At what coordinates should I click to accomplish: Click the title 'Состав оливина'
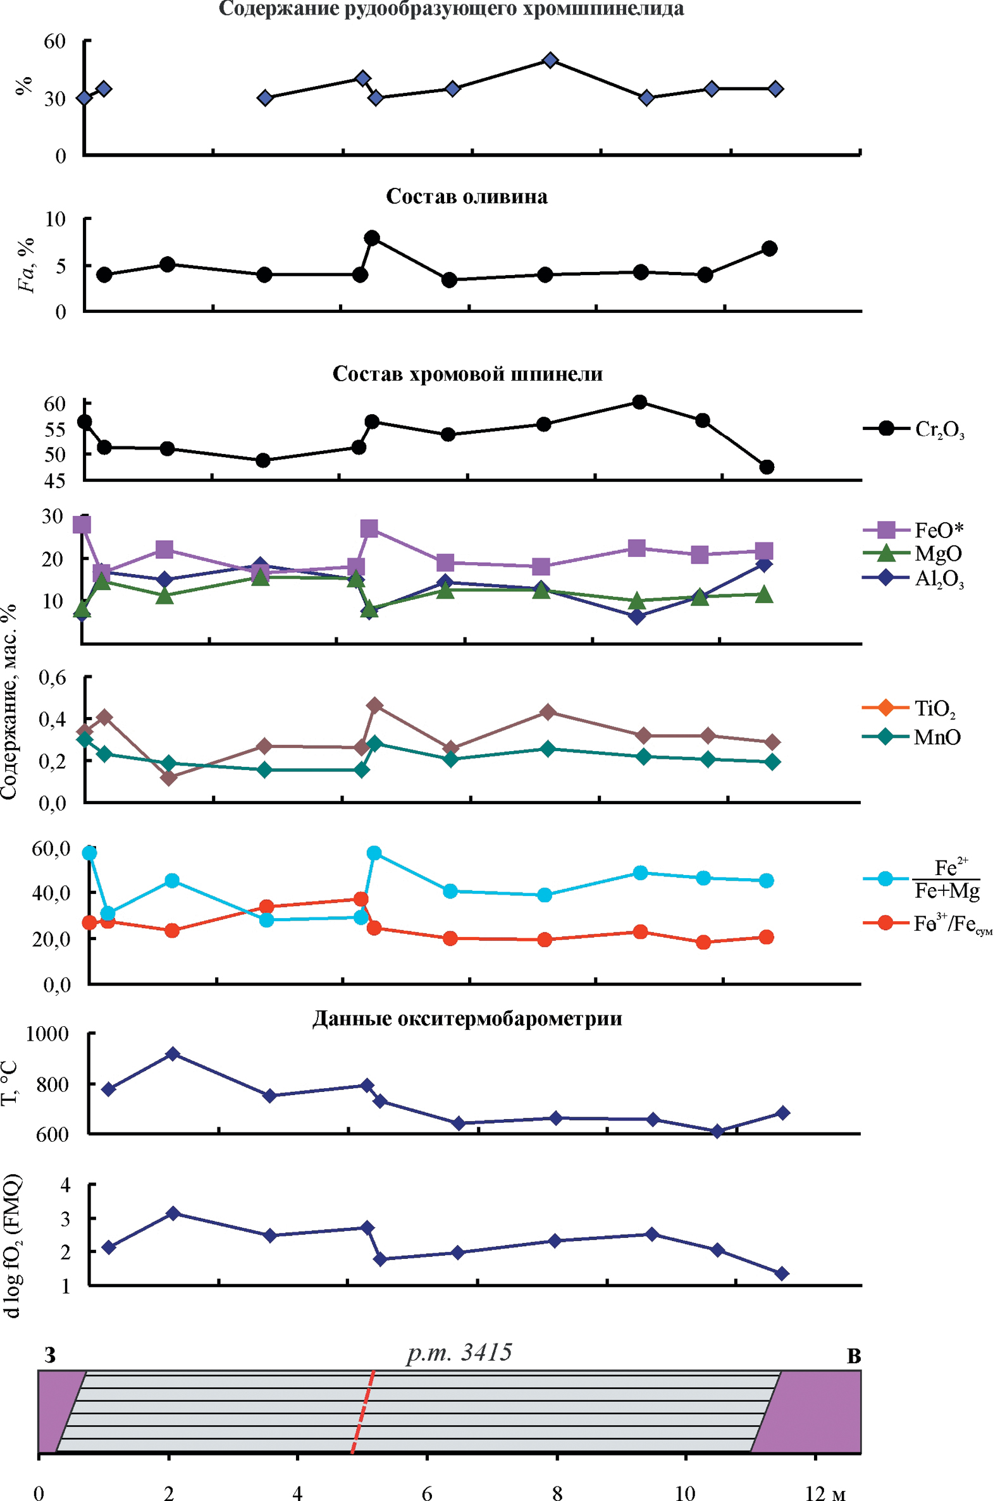pos(467,196)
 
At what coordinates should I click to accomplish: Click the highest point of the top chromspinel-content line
pos(550,60)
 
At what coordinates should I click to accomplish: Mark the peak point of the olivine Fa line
pos(372,238)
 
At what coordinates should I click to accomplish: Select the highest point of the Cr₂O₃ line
pos(639,402)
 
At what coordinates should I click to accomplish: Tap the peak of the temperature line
pos(172,1053)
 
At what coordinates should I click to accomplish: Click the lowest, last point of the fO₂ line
pos(782,1273)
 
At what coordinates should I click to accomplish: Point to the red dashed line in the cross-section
pos(362,1411)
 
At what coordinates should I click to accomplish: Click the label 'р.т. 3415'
pos(459,1352)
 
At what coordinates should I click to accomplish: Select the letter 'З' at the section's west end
pos(50,1356)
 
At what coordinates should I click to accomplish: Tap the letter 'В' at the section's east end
pos(854,1357)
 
